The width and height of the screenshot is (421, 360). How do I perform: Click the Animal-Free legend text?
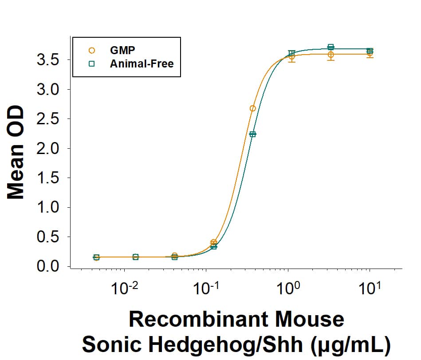coord(142,63)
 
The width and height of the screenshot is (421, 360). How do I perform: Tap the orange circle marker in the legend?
coord(92,50)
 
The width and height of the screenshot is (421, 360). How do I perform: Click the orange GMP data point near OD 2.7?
coord(252,108)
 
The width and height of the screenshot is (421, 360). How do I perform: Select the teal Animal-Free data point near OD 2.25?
coord(252,134)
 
